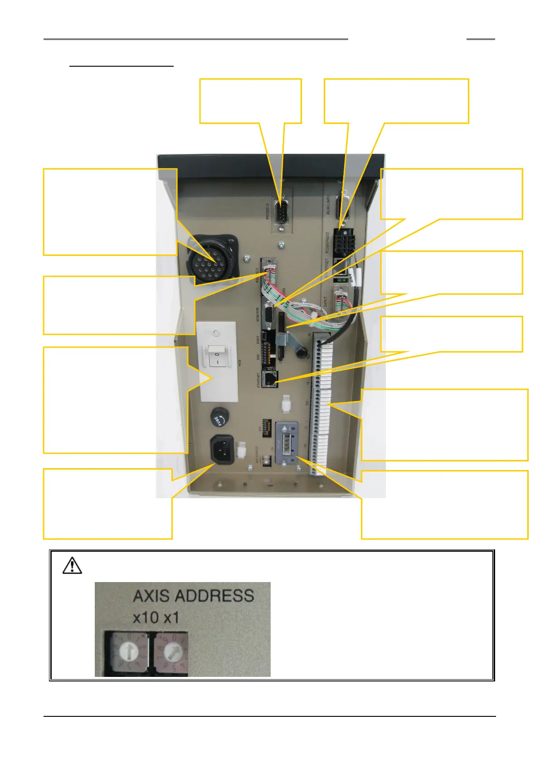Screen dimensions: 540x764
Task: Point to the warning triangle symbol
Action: pyautogui.click(x=72, y=565)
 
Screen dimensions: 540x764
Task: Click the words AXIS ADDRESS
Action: pyautogui.click(x=193, y=596)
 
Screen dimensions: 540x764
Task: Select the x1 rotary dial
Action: pyautogui.click(x=171, y=652)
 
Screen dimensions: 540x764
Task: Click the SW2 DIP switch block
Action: pyautogui.click(x=268, y=353)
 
